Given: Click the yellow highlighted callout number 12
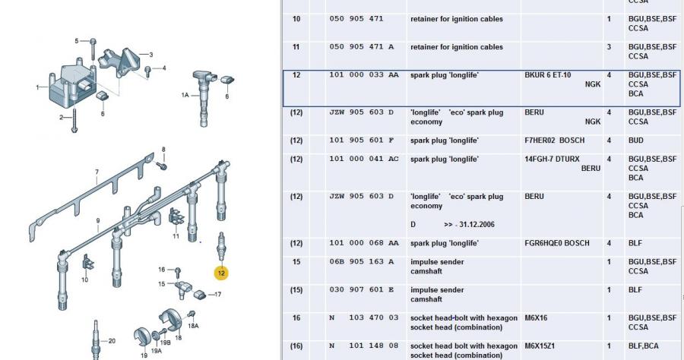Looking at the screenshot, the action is point(221,273).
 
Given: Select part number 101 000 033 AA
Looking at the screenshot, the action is point(364,75).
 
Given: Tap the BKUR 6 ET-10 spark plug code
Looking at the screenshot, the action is point(547,75).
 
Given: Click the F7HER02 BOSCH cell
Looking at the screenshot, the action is point(555,141).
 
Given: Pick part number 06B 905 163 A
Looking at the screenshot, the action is point(362,261).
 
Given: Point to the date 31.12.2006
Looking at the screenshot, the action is point(477,225).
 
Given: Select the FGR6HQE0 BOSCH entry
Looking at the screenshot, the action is point(556,243).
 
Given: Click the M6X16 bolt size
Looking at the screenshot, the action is point(536,317).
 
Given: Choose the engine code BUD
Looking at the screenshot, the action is point(635,141).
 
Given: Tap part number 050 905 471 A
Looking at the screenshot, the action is point(362,46).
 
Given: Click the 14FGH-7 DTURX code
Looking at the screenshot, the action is point(552,159).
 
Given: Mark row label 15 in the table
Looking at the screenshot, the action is point(296,261).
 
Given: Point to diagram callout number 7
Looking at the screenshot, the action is point(97,172).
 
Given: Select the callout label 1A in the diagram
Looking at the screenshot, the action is point(185,95).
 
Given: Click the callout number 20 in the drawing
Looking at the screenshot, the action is point(112,341).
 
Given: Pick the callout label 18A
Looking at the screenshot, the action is point(193,326).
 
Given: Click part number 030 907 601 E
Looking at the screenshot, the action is point(362,289).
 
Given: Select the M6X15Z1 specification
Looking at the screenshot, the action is point(540,346).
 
